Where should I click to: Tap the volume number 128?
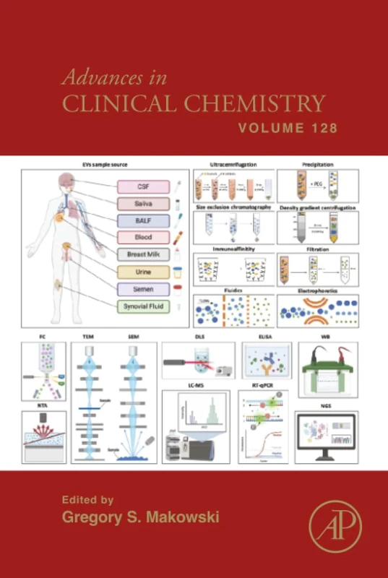322,129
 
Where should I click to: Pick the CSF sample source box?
143,186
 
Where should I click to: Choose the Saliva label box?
143,204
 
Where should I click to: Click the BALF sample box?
143,220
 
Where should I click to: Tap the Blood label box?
143,237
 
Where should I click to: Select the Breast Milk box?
143,254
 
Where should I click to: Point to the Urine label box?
143,272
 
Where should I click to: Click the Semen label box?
143,289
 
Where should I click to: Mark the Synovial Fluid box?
143,306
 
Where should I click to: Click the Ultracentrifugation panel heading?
232,165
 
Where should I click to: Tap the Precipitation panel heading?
318,165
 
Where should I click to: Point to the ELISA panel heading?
265,337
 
